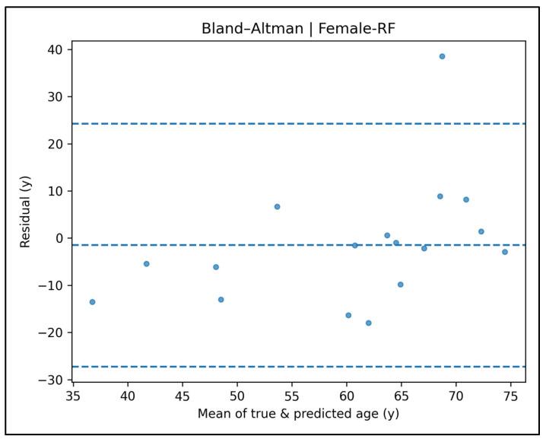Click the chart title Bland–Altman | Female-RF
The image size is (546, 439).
pos(300,29)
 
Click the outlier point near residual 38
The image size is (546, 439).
pos(442,56)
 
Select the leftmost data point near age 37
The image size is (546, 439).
pos(93,302)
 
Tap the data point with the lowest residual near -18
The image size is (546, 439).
pos(369,323)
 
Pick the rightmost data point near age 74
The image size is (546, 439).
pos(505,252)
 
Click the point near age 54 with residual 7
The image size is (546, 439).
pos(278,207)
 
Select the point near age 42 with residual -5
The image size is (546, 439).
pos(147,264)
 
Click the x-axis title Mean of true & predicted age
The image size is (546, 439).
pos(298,414)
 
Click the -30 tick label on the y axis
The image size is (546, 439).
pos(56,380)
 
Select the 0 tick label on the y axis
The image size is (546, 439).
pos(62,238)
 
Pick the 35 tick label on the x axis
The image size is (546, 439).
pos(72,396)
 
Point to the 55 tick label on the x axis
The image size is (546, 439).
pos(292,396)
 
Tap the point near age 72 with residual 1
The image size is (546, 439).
pos(481,231)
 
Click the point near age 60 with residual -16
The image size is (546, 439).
pos(348,315)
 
